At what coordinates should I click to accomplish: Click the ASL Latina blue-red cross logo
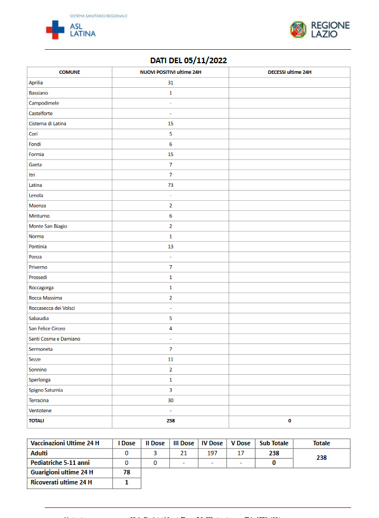(x=55, y=29)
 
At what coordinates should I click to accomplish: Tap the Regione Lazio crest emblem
(x=298, y=29)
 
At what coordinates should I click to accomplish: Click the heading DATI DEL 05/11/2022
(x=188, y=60)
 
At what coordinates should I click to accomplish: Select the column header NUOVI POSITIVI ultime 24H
(x=170, y=72)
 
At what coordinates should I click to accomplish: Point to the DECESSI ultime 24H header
(x=290, y=72)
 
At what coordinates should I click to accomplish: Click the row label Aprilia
(x=36, y=83)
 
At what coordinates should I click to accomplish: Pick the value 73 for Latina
(x=170, y=185)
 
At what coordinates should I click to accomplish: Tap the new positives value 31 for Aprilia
(x=170, y=83)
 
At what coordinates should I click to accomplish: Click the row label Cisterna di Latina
(x=48, y=124)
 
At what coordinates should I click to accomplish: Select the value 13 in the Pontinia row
(x=170, y=247)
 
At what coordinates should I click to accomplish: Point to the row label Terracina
(x=39, y=401)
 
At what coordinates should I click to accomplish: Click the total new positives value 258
(x=170, y=421)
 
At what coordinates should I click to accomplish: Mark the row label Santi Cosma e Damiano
(x=55, y=339)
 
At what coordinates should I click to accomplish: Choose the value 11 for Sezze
(x=170, y=360)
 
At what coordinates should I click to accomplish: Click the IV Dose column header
(x=212, y=444)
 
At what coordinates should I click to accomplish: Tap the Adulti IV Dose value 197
(x=212, y=453)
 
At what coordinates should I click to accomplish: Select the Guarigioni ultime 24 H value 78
(x=126, y=473)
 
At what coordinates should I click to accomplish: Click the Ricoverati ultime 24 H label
(x=61, y=482)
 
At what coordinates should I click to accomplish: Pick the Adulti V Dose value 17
(x=241, y=453)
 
